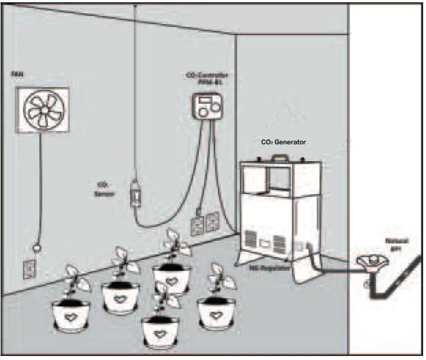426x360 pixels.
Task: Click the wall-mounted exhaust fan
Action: pos(42,111)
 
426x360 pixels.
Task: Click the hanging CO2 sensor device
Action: pos(136,194)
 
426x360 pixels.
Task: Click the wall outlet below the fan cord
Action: pos(29,266)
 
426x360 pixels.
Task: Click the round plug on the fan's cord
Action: pos(37,248)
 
